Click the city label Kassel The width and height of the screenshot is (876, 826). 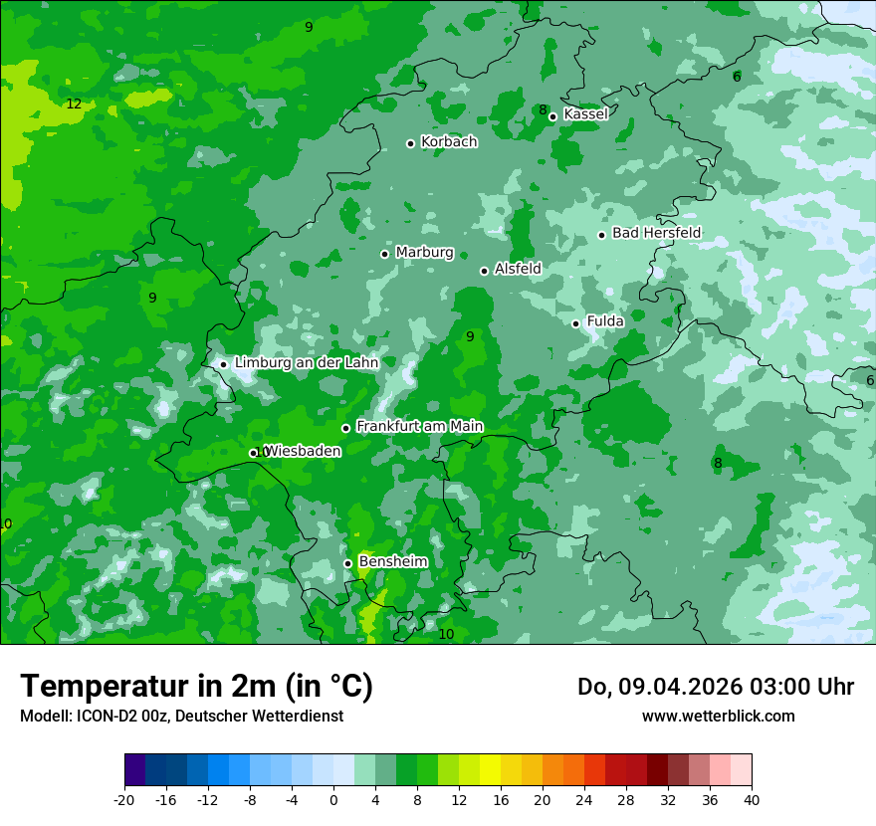click(585, 114)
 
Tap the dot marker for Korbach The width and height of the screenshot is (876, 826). click(410, 143)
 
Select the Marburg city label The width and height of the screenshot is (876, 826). click(424, 253)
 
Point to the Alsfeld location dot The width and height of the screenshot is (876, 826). click(484, 271)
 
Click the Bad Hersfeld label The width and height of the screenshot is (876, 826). click(656, 233)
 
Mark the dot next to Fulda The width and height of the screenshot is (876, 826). click(575, 323)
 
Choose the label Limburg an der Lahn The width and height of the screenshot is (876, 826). click(307, 363)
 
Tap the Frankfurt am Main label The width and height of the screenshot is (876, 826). click(419, 426)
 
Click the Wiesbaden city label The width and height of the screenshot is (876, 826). click(303, 451)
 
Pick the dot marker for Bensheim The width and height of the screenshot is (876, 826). click(347, 563)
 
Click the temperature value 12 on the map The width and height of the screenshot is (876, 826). click(74, 103)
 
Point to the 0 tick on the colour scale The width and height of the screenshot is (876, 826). click(333, 799)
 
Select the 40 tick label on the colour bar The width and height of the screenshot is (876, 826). click(751, 799)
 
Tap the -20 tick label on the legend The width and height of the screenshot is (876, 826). click(124, 799)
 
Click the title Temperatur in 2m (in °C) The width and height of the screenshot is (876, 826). click(196, 686)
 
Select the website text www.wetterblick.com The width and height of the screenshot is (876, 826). click(718, 716)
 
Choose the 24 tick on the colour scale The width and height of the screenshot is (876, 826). click(584, 799)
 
